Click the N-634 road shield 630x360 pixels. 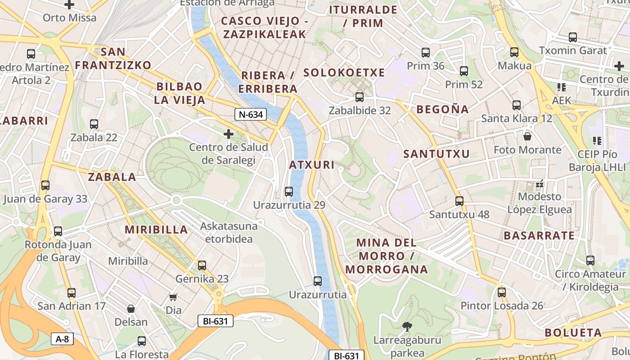251,114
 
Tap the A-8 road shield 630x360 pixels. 62,339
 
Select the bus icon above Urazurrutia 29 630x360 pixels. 289,192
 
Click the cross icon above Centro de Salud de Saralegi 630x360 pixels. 229,134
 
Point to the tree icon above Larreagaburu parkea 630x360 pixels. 407,326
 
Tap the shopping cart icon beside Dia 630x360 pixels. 173,297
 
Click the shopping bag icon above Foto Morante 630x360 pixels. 527,136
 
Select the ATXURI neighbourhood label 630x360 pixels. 312,165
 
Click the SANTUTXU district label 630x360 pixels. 436,154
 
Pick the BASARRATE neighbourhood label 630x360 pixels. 539,235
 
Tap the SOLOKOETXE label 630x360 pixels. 344,72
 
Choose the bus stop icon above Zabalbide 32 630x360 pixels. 359,97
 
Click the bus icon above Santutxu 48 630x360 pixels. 459,201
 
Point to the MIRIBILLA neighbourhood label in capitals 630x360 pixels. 156,229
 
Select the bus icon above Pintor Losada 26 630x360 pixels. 502,292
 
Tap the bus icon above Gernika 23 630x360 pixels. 202,265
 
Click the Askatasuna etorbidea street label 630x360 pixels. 229,232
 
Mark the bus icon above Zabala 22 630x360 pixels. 94,124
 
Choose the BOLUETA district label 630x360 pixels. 573,333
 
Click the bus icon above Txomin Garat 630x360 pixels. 573,37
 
